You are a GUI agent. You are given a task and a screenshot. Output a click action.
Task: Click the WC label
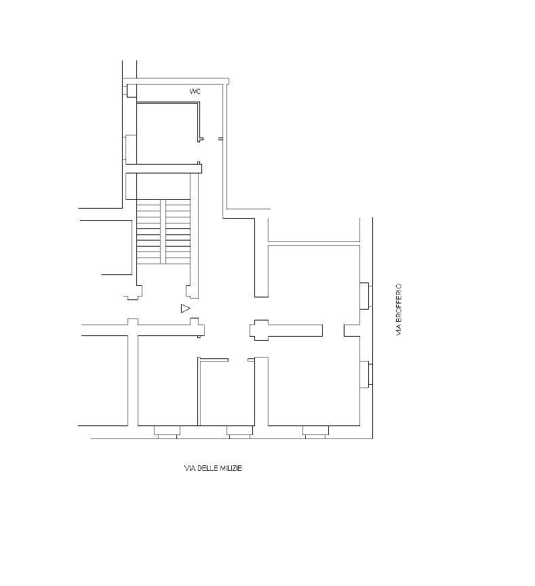click(195, 91)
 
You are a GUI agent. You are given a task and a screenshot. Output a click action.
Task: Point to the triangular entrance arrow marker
click(185, 308)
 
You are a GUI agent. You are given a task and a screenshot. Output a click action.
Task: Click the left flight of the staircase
click(148, 231)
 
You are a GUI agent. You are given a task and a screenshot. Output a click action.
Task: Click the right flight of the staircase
click(178, 231)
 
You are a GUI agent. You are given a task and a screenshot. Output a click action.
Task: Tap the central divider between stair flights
click(163, 231)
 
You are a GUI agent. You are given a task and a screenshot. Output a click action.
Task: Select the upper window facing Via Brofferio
click(365, 295)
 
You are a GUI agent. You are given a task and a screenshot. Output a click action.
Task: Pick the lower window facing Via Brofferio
click(365, 375)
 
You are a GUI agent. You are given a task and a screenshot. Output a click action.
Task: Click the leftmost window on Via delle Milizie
click(167, 432)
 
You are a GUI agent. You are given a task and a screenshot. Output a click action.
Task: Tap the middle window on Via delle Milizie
click(240, 432)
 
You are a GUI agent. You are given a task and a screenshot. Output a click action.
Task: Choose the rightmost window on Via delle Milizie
click(315, 432)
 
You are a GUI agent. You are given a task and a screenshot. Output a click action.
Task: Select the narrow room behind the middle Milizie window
click(226, 392)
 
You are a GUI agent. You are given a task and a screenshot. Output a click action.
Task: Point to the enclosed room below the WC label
click(167, 133)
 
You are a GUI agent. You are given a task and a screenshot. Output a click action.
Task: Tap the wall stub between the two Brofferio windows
click(352, 331)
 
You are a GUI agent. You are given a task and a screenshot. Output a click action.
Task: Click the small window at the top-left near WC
click(131, 91)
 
